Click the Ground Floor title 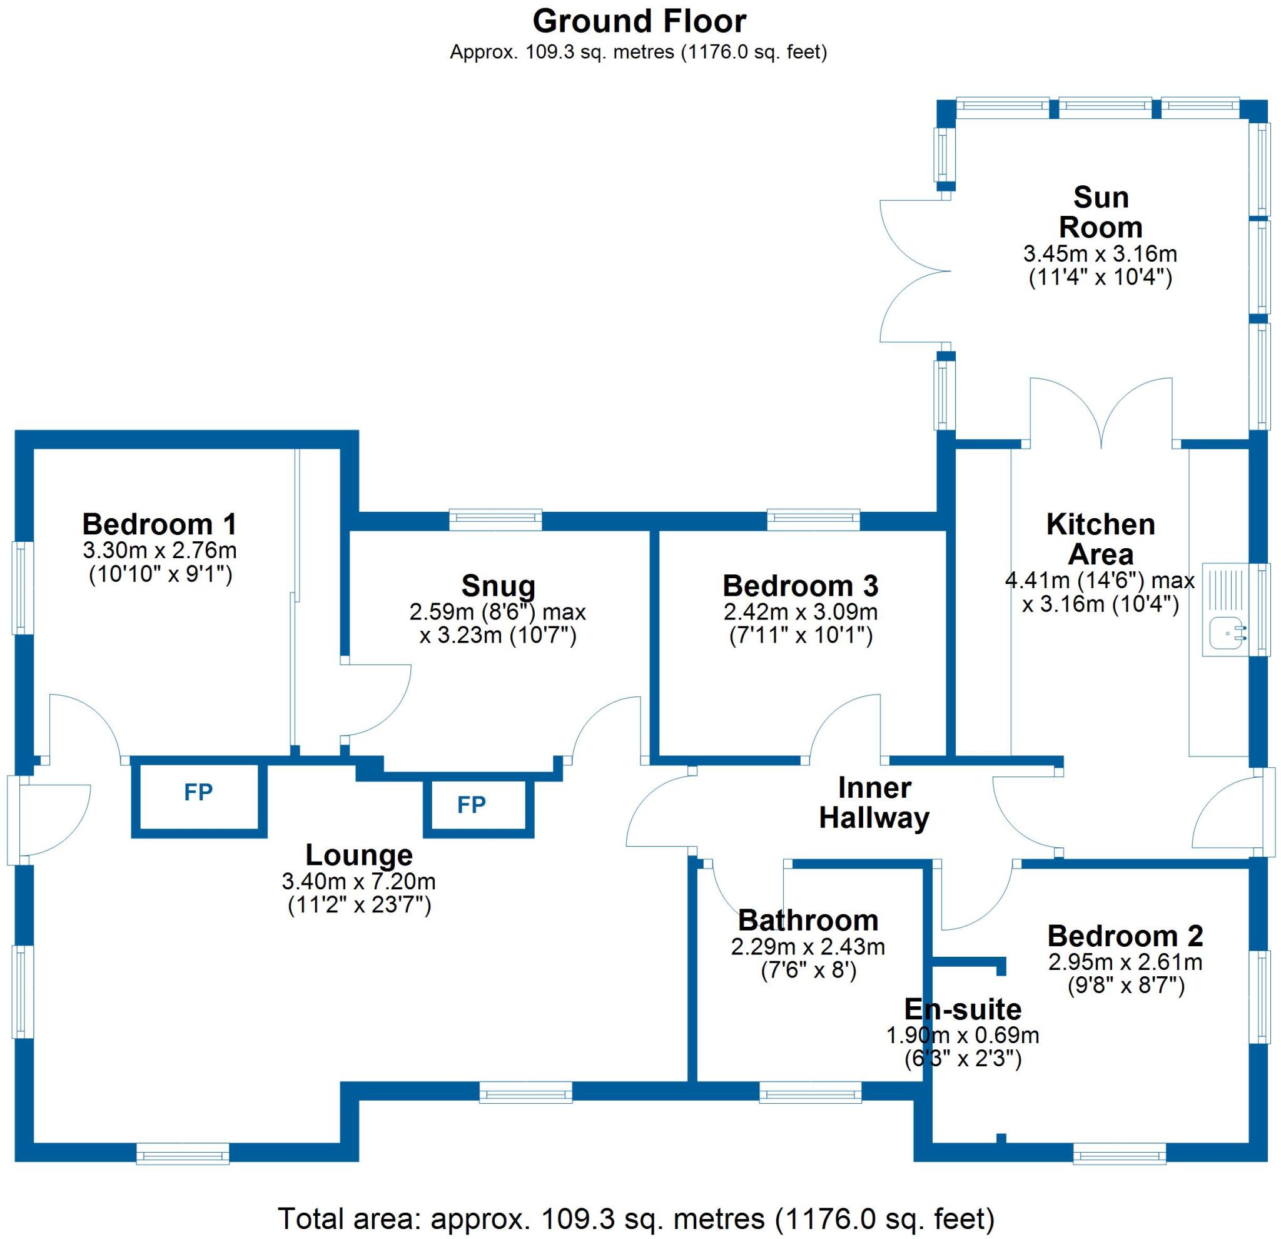click(639, 21)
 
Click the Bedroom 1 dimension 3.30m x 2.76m click(159, 551)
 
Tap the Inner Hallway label click(874, 803)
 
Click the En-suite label click(962, 1009)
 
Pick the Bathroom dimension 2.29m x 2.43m click(808, 947)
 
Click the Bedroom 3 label click(800, 586)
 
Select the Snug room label click(498, 586)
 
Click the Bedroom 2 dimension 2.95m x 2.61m click(1125, 962)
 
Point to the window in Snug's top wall click(495, 520)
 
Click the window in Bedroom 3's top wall click(813, 520)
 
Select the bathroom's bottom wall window click(810, 1092)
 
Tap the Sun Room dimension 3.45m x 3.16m click(1100, 253)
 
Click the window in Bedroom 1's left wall click(23, 588)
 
